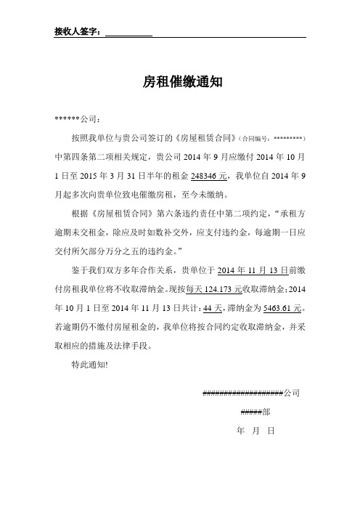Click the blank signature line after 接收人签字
[x=129, y=33]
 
